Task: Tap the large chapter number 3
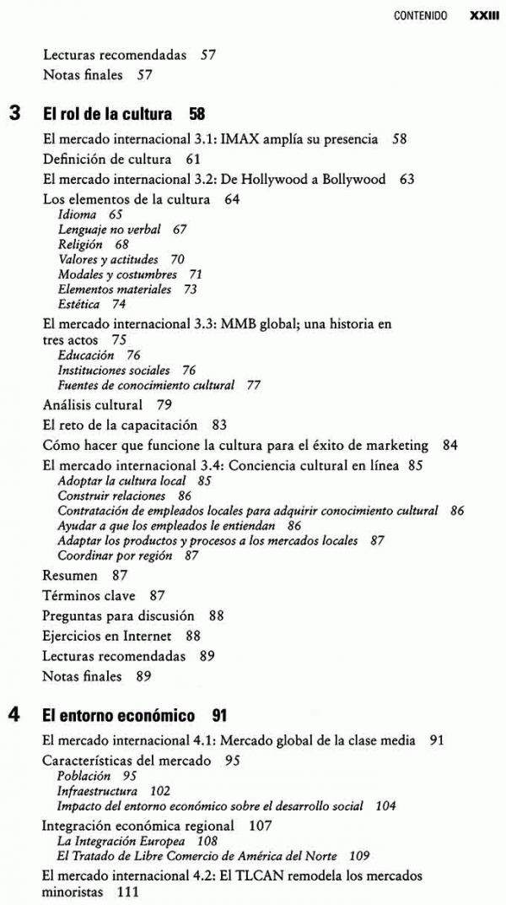coord(15,112)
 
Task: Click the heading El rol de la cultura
coord(107,114)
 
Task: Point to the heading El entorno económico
coord(119,716)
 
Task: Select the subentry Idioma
coord(77,215)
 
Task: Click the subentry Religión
coord(80,244)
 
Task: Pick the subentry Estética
coord(78,304)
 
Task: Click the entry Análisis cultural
coord(92,404)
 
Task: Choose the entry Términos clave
coord(89,595)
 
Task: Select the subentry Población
coord(83,775)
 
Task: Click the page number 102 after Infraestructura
coord(159,791)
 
